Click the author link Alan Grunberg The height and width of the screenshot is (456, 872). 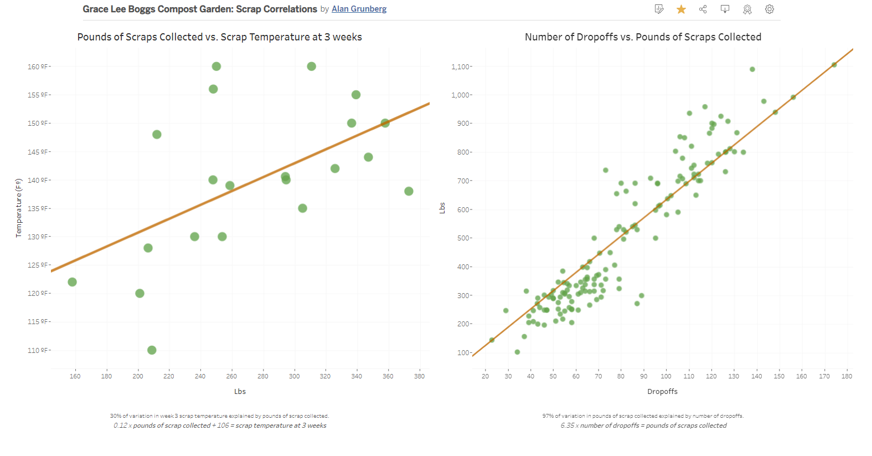tap(359, 9)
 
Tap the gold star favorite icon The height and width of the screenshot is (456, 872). tap(681, 9)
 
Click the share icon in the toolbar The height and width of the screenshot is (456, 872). tap(703, 9)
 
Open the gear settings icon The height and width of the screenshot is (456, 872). tap(769, 9)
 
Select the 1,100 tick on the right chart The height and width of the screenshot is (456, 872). tap(461, 66)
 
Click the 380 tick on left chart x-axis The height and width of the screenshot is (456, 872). tap(419, 376)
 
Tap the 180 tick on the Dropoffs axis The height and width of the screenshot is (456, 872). tap(847, 376)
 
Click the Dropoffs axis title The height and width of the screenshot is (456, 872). tap(662, 392)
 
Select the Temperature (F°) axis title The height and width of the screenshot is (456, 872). tap(18, 208)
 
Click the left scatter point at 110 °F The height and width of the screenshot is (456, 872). tap(152, 350)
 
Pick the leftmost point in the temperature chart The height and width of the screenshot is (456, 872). tap(72, 282)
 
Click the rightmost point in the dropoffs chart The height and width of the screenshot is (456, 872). tap(834, 65)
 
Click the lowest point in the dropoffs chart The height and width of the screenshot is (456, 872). tap(517, 352)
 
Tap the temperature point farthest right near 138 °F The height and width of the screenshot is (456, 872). tap(409, 191)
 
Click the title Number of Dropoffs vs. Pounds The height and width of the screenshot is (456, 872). tap(643, 37)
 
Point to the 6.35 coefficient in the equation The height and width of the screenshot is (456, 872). tap(567, 426)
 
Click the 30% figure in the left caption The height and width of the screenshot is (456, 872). tap(115, 416)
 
